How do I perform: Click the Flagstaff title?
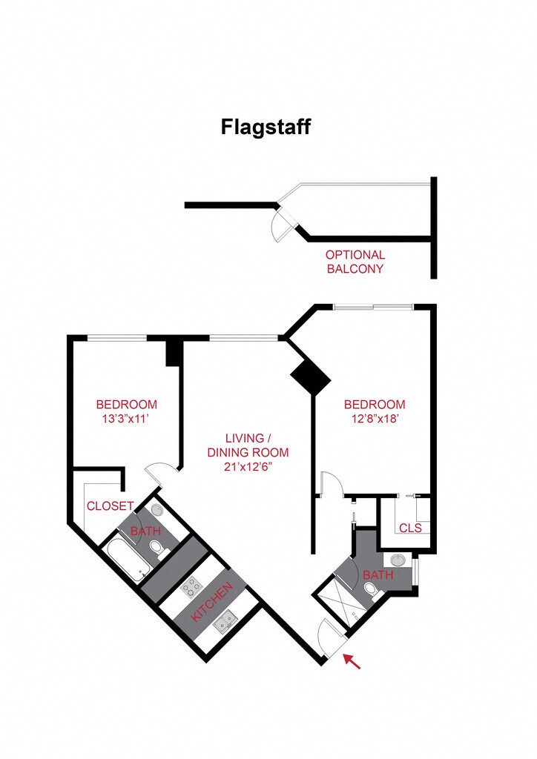266,127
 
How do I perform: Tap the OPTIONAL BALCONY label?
355,262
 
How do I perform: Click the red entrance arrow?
352,661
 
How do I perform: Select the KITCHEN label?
212,601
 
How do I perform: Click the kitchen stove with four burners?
191,588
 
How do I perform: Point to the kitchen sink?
225,622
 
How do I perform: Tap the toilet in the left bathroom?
158,550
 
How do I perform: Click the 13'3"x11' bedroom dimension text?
125,419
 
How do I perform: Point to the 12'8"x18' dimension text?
375,419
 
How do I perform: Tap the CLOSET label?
110,506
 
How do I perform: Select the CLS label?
411,528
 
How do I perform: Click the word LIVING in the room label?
245,439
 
